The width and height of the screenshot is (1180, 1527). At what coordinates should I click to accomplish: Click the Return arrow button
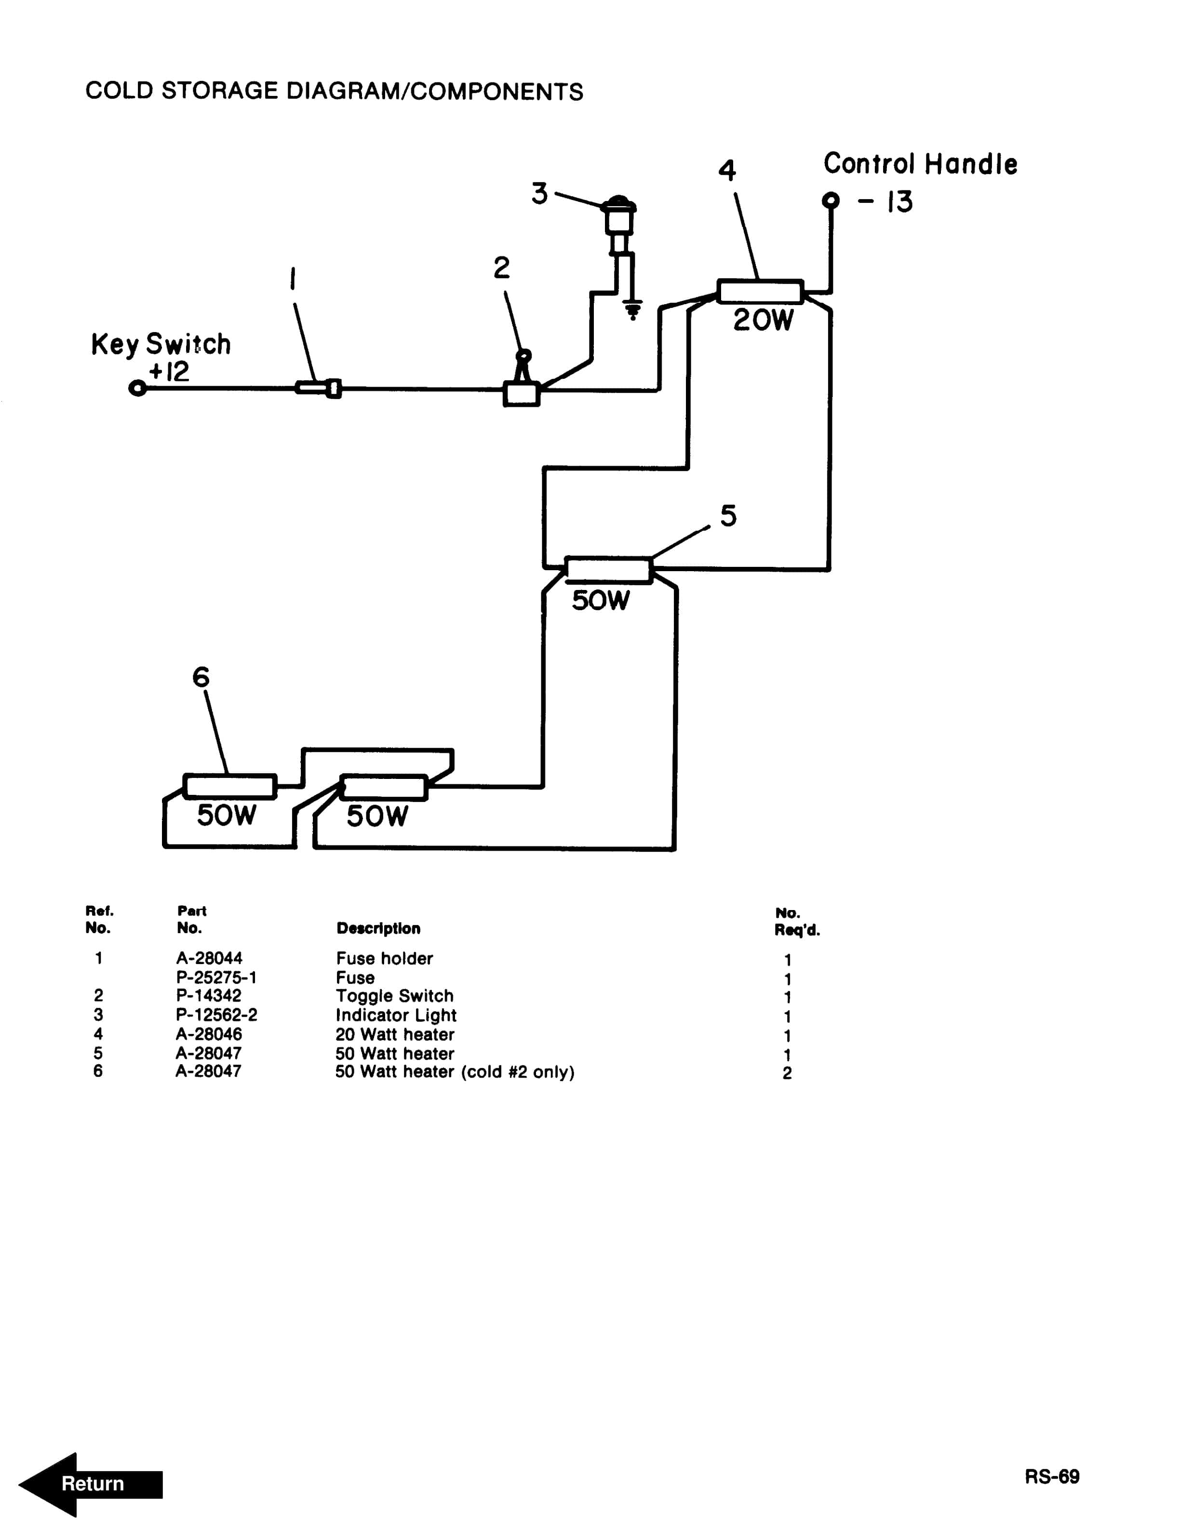tap(91, 1484)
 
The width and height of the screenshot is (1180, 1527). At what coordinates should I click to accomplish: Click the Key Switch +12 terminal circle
tap(138, 388)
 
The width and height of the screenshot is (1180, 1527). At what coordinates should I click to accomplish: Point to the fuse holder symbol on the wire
tap(318, 388)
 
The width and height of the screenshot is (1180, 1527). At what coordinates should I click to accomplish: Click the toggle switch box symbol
tap(521, 394)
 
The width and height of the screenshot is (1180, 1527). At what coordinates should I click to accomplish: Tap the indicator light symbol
tap(619, 217)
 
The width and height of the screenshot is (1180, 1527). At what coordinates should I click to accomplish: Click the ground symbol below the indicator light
tap(632, 309)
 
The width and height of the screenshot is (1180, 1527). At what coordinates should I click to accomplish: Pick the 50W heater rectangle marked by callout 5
tap(608, 570)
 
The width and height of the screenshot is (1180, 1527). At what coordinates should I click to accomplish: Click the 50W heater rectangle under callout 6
tap(229, 786)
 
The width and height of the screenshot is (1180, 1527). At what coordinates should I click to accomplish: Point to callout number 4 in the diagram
tap(727, 170)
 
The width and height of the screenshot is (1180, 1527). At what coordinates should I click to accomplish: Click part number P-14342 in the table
tap(208, 996)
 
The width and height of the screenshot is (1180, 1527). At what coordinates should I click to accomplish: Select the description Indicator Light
tap(396, 1015)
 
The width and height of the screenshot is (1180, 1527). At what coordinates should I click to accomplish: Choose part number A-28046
tap(208, 1034)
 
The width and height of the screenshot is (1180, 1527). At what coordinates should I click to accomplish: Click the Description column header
tap(378, 928)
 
